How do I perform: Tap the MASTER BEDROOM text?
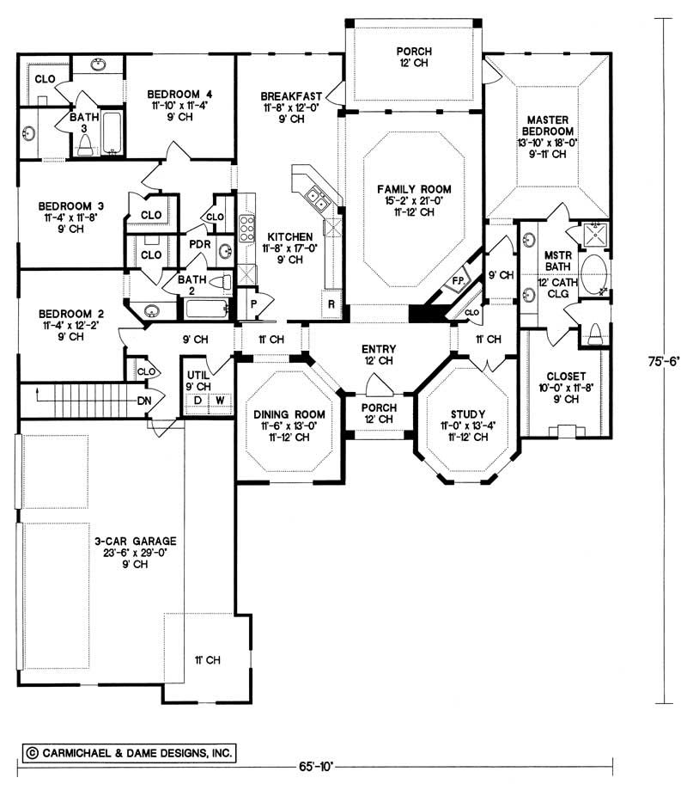[x=550, y=118]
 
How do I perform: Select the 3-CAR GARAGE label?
[x=136, y=541]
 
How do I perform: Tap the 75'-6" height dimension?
[x=665, y=362]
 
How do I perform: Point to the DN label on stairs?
[x=143, y=400]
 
